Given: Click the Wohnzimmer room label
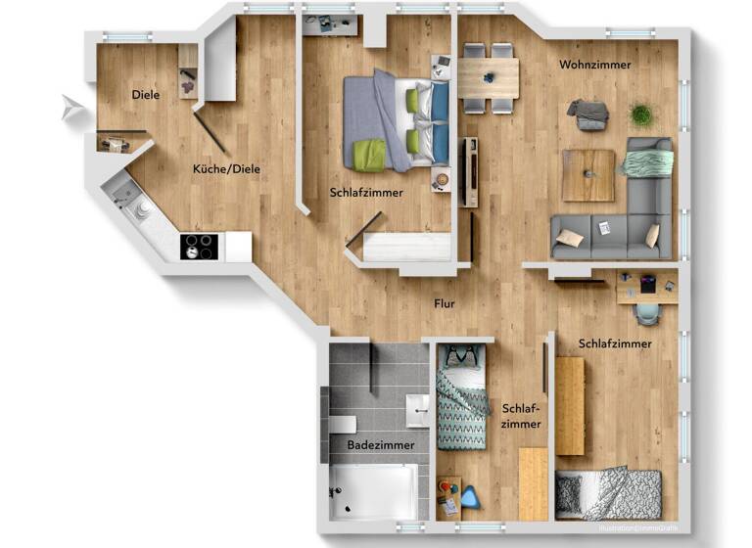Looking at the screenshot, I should [594, 66].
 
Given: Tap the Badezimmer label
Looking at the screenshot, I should [380, 445].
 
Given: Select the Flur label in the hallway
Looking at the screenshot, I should [445, 303].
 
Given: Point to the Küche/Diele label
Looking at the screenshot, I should [226, 169].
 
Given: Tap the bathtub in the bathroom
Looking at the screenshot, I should [374, 491].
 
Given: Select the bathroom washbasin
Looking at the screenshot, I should [418, 406].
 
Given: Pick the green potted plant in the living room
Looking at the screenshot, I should [641, 114].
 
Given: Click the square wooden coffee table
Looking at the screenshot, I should [588, 174].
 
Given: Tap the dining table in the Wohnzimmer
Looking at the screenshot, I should [489, 77].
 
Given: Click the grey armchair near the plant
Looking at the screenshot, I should [591, 114].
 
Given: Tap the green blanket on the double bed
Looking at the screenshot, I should [369, 155].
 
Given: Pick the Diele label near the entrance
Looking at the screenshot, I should [146, 95].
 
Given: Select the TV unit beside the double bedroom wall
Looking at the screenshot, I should [469, 171].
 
